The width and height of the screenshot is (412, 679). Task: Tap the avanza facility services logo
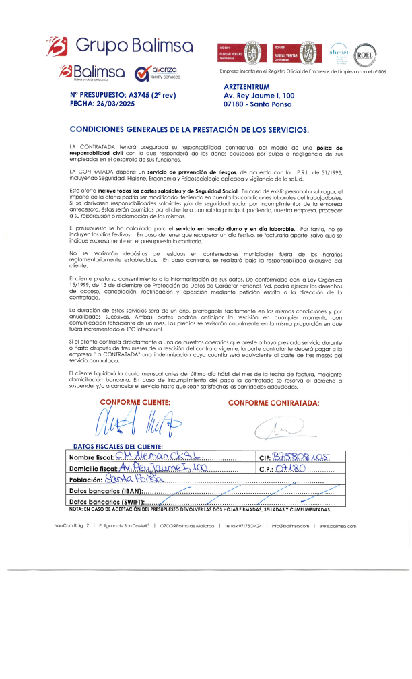(158, 73)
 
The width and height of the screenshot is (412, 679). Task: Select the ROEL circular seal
(365, 53)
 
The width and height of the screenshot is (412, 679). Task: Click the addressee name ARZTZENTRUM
(246, 87)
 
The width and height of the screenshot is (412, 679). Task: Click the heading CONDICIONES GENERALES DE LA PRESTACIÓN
(189, 129)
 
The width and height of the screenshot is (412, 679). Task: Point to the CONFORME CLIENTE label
(135, 402)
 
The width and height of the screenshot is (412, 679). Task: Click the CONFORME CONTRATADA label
(273, 403)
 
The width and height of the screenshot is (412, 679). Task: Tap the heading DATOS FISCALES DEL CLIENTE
(117, 446)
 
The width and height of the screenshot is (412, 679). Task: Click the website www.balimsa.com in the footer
(339, 526)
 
